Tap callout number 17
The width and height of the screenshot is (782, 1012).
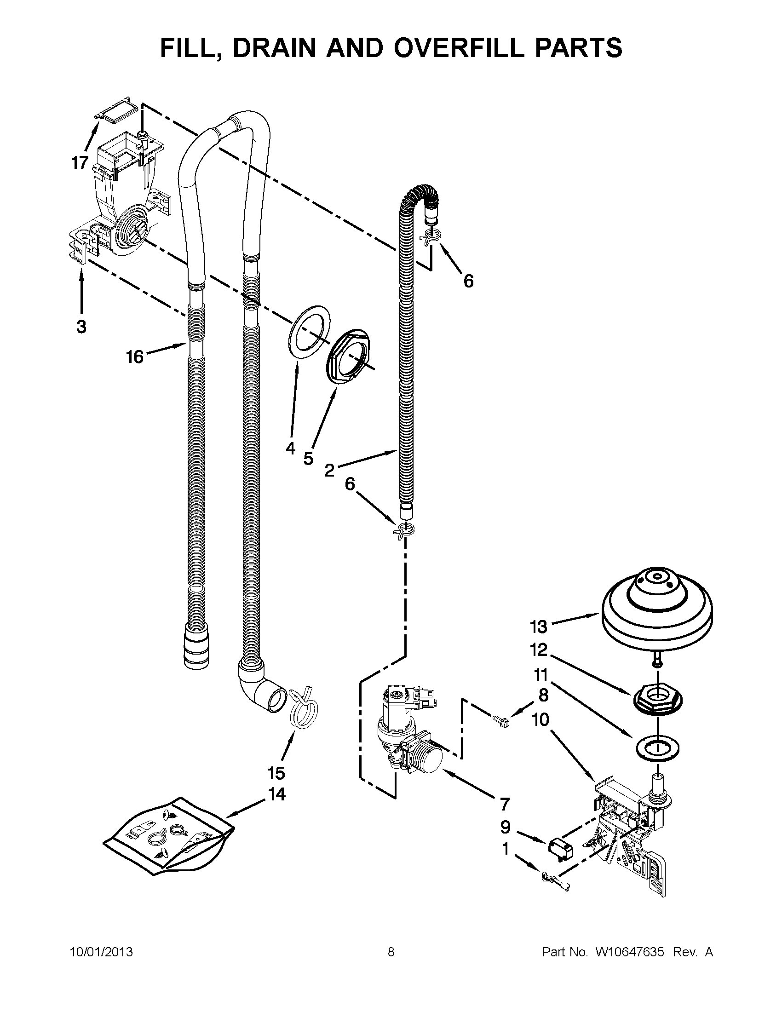coord(80,163)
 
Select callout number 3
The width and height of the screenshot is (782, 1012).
coord(81,327)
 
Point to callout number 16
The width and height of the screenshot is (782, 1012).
coord(135,357)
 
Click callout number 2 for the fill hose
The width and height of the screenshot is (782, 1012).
coord(329,470)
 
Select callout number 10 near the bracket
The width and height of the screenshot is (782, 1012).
coord(540,719)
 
